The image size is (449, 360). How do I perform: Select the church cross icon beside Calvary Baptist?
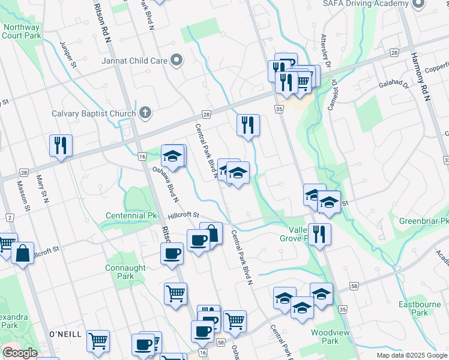pyautogui.click(x=145, y=112)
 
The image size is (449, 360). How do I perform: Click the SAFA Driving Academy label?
pyautogui.click(x=365, y=4)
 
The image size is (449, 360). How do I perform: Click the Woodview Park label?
pyautogui.click(x=327, y=337)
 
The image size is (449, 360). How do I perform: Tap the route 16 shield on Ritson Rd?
pyautogui.click(x=142, y=157)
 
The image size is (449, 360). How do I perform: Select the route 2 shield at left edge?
pyautogui.click(x=9, y=218)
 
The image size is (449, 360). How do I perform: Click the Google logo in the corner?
pyautogui.click(x=20, y=353)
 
